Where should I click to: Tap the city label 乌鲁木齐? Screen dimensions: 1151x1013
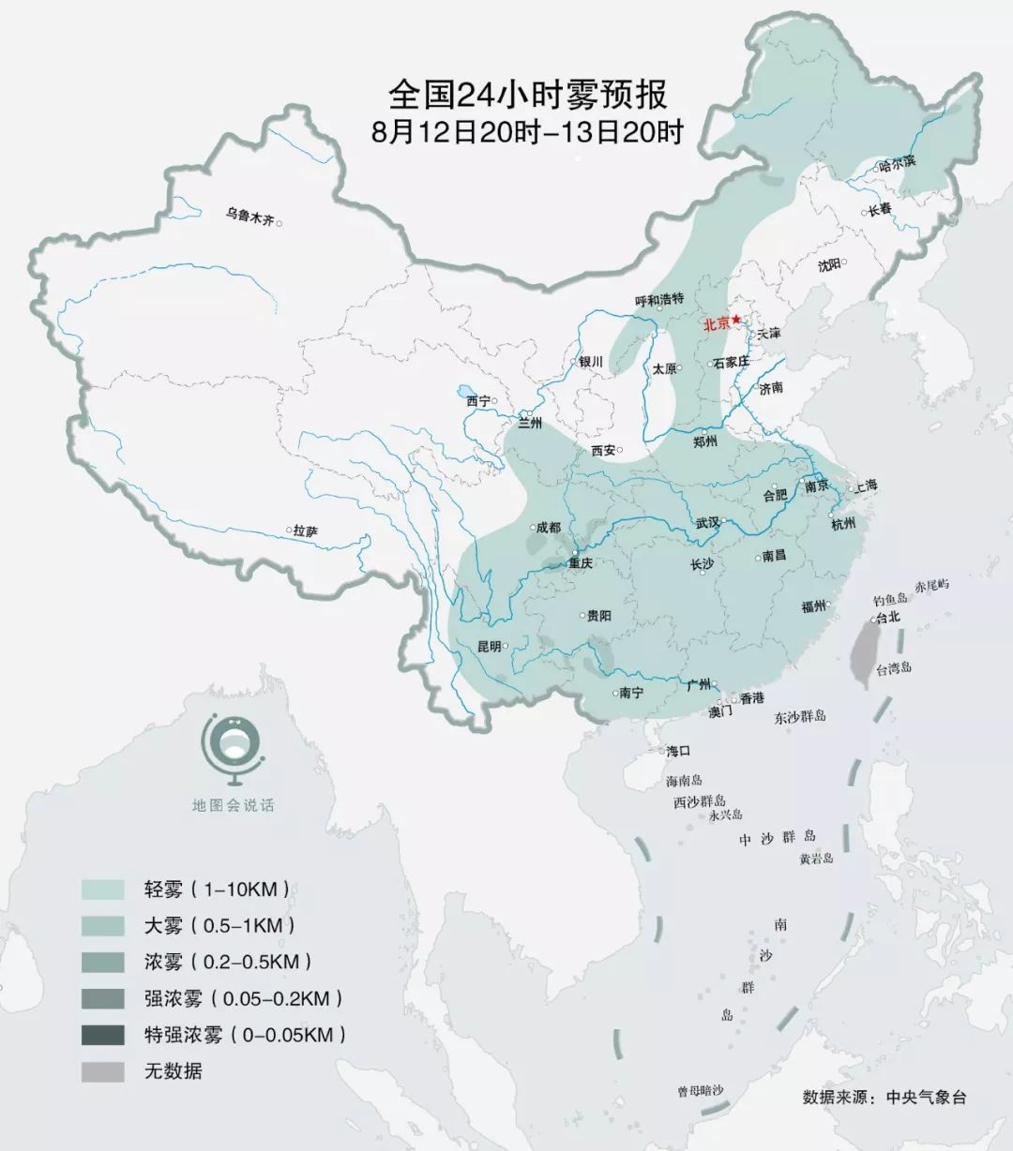click(249, 219)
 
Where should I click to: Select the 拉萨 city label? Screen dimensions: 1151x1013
click(305, 531)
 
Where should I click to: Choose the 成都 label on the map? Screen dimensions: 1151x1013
click(549, 528)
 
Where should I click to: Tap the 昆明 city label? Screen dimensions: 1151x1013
click(490, 647)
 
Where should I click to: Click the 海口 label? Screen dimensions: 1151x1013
click(678, 751)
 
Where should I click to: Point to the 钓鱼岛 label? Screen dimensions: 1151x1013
click(890, 599)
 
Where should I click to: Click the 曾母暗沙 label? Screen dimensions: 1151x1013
click(701, 1091)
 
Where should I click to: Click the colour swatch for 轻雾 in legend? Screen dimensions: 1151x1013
click(102, 889)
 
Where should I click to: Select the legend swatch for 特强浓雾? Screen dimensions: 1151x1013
click(102, 1035)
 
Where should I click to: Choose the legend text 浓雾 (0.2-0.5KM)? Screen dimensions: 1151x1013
click(228, 962)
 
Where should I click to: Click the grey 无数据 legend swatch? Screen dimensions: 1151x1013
click(102, 1071)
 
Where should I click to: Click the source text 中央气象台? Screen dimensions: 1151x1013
click(926, 1098)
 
